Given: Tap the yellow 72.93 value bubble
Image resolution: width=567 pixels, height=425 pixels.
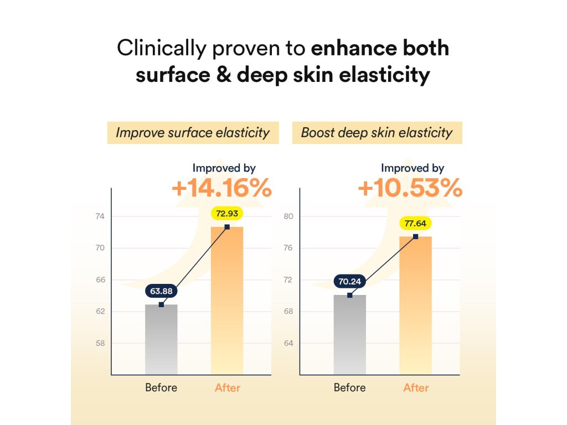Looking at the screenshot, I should pos(227,213).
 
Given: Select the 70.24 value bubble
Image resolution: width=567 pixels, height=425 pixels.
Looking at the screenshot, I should pos(349,282).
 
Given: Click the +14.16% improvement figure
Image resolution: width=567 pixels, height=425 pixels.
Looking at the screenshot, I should pos(221,188).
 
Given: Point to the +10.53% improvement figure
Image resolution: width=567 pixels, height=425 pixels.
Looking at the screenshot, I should pos(410,188).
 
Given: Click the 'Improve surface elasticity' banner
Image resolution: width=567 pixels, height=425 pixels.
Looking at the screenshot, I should pos(193,133).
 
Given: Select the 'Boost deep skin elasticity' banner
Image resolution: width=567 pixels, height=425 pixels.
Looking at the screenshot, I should pos(377,133).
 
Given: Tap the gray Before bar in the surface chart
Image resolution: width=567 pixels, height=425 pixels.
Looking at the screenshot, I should pos(161,340).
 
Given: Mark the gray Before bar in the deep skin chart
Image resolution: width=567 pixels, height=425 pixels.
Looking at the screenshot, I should pos(349,335).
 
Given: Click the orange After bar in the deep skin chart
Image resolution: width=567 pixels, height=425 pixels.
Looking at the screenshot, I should pos(415,307).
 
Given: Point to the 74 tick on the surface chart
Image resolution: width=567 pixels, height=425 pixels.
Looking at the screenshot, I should pos(100,216).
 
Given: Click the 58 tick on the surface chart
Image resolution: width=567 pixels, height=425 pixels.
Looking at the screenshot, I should pos(100,343).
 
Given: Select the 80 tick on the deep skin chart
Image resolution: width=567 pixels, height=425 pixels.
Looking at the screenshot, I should pos(288,216).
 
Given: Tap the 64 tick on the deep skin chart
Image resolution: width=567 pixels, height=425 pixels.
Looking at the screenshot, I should pos(288,343).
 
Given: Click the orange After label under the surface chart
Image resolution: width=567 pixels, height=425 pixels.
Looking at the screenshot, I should pos(227,387).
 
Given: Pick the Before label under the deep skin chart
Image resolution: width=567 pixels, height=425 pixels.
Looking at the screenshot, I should pos(349,387).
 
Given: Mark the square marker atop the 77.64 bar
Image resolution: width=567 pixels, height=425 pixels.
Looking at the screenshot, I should pos(415,236).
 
